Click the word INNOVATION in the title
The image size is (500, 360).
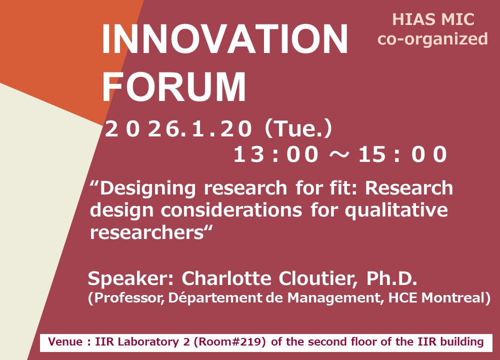coord(225,38)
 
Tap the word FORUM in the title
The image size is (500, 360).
coord(174,86)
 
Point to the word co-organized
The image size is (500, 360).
coord(432,39)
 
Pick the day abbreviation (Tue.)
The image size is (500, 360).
coord(298,128)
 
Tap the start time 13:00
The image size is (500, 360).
coord(276,154)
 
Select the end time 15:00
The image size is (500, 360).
coord(402,154)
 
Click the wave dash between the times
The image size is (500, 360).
coord(338,154)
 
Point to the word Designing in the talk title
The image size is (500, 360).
coord(147,189)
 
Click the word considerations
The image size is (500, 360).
coord(231,210)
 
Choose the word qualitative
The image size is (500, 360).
coord(396,211)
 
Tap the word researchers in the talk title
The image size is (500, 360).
coord(147,233)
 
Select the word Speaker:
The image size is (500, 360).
coord(130,278)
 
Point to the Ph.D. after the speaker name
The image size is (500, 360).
coord(391,278)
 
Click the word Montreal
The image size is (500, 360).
coord(452,297)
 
